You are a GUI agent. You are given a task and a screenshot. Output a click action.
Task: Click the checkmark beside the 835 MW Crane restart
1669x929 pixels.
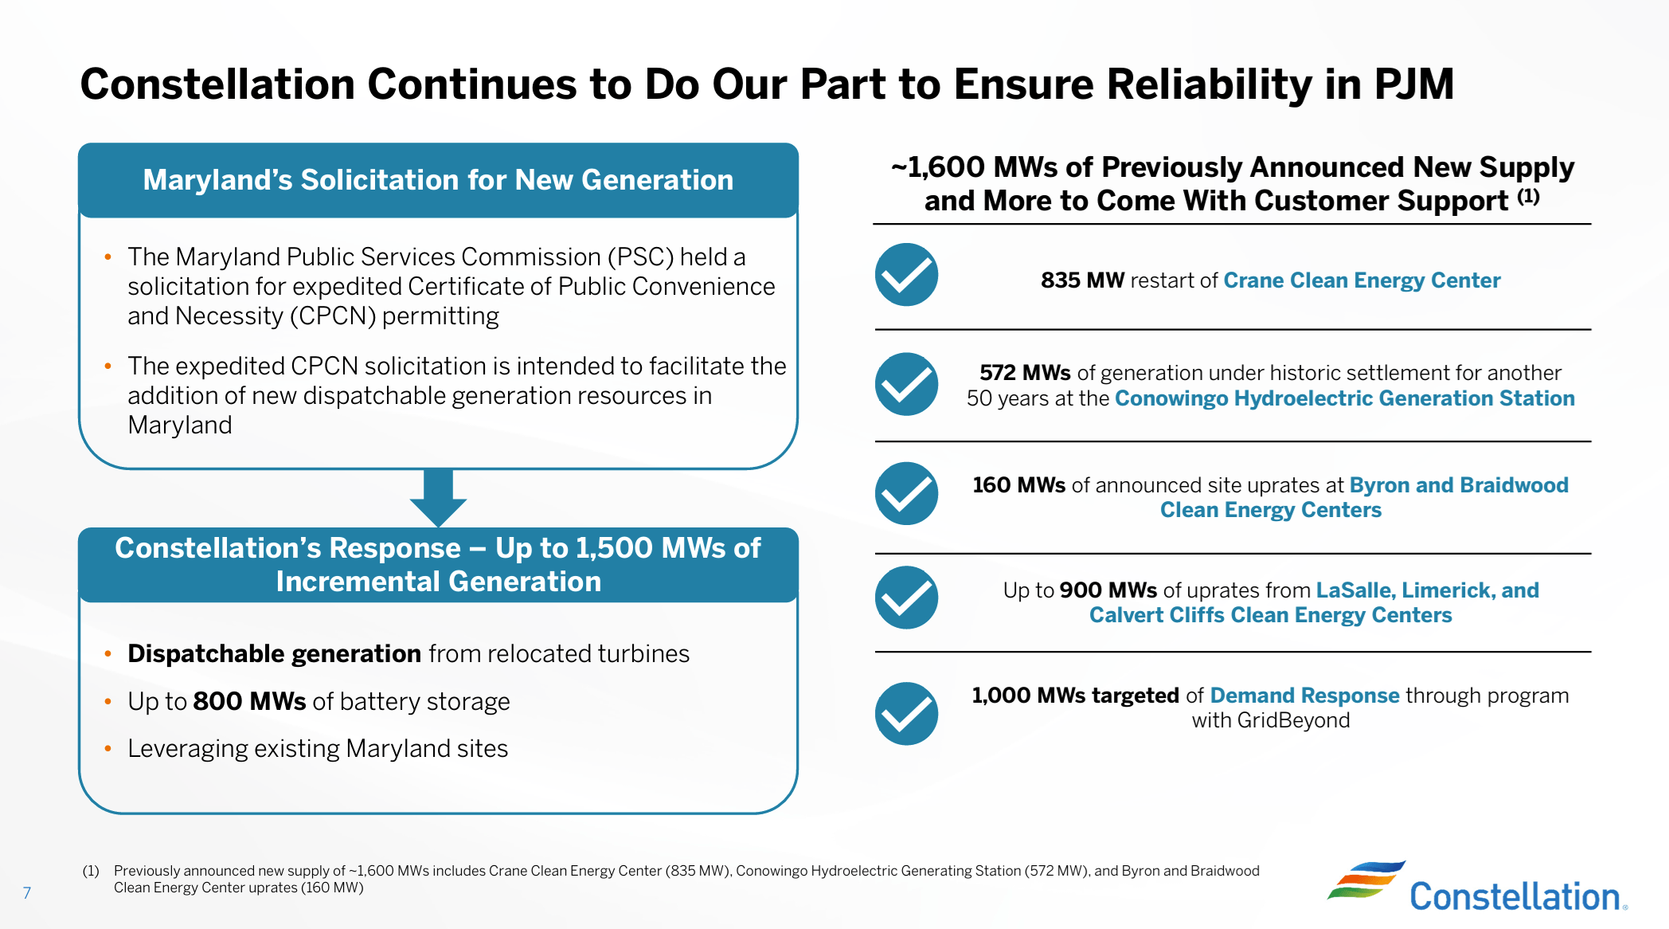point(906,275)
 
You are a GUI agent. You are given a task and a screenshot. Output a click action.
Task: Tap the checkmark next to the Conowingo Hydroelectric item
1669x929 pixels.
point(906,384)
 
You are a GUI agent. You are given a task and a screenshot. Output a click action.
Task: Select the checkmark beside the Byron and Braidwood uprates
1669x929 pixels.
point(906,494)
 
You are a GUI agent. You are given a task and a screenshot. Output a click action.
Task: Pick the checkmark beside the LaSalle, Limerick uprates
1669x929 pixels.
point(906,598)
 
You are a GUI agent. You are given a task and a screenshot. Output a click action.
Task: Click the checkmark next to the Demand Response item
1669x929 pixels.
point(906,714)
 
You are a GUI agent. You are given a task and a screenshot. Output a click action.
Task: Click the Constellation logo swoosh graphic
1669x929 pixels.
point(1365,880)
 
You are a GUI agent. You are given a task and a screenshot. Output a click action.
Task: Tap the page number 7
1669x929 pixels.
point(27,893)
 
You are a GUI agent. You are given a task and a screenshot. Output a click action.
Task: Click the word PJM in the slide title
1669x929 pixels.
point(1413,84)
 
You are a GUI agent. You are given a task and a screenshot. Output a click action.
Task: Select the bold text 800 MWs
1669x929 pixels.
point(249,701)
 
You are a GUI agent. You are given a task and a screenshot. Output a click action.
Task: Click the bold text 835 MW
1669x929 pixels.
point(1082,280)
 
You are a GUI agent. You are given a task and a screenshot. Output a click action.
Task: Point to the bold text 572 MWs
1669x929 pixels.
point(1025,373)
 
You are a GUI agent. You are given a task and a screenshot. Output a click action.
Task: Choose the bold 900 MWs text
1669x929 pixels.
point(1108,590)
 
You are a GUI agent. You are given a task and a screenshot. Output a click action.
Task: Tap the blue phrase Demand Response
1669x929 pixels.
point(1304,696)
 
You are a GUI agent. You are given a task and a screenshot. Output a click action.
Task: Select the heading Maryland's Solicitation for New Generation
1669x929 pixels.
point(438,180)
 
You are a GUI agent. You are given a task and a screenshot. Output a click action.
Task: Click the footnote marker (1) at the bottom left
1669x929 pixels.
point(91,871)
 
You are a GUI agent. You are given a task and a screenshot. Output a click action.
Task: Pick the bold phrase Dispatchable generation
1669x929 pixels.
point(274,653)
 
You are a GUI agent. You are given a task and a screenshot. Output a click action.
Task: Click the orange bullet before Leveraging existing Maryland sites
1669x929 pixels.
point(108,749)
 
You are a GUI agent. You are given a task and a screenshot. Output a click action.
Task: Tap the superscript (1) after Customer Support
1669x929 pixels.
point(1528,196)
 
